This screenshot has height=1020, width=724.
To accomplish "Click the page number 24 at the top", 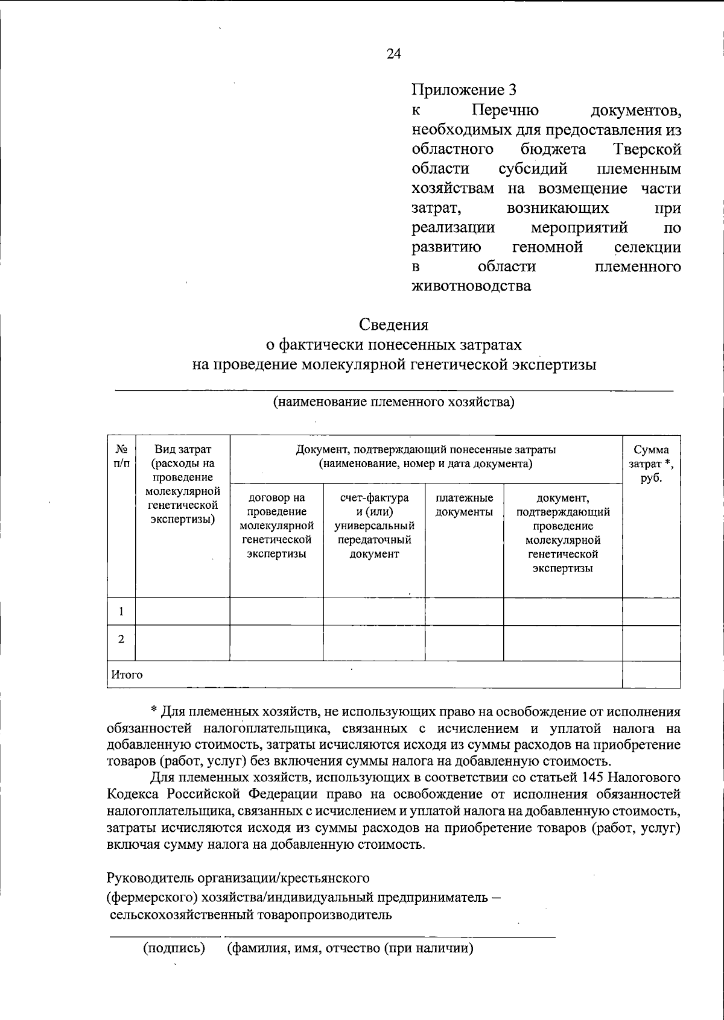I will click(x=393, y=54).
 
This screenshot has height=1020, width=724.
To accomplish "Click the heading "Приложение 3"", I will click(x=464, y=91).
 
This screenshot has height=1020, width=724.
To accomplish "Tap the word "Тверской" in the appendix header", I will click(x=646, y=149).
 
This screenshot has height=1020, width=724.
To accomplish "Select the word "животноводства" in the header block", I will click(x=471, y=286).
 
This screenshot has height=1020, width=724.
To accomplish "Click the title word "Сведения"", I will click(x=394, y=325).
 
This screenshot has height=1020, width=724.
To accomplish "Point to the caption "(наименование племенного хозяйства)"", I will click(x=393, y=402).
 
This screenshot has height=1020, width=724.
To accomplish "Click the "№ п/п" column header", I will click(x=121, y=456).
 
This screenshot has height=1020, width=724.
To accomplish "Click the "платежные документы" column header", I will click(x=464, y=505).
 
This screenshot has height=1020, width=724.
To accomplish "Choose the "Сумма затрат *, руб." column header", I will click(x=651, y=464).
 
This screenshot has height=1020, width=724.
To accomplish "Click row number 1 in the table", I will click(x=121, y=612).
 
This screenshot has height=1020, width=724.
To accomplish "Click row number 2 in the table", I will click(x=121, y=640).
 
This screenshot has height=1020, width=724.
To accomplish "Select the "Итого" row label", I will click(x=126, y=675).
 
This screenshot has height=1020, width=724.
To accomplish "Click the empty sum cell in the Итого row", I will click(x=651, y=675).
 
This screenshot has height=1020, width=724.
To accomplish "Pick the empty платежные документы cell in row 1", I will click(x=464, y=612).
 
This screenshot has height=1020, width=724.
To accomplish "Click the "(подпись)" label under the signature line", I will click(x=174, y=948).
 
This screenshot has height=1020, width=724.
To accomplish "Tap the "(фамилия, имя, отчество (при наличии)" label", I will click(x=350, y=948).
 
